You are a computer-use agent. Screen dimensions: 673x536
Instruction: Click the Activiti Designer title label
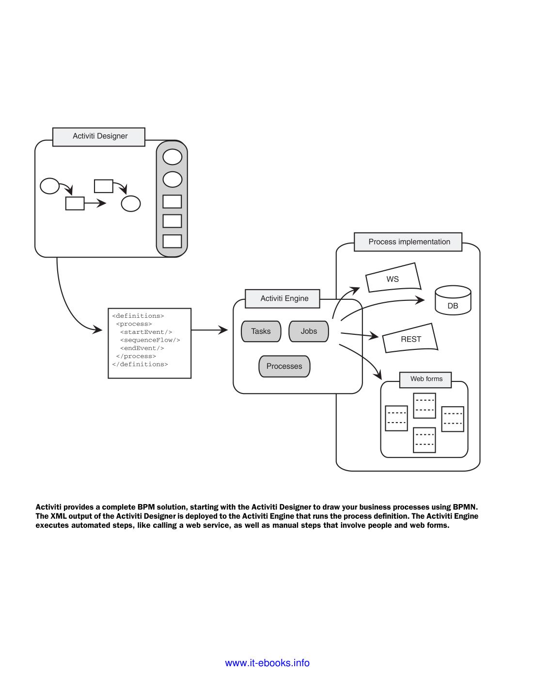click(99, 136)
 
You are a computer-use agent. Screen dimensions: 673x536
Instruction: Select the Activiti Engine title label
click(284, 298)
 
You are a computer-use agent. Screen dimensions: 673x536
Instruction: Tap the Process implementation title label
click(409, 242)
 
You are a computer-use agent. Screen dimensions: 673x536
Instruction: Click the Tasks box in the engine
click(261, 331)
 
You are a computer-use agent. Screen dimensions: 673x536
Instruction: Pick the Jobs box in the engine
click(309, 331)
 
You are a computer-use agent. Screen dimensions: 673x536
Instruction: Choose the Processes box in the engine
click(284, 366)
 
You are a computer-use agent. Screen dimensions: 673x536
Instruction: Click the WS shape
click(393, 279)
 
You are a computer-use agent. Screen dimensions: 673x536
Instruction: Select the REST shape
click(410, 339)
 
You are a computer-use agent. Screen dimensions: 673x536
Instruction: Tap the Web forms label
click(426, 379)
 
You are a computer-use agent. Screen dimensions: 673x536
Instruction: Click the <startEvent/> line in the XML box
click(146, 332)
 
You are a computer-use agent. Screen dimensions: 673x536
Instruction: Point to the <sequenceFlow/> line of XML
click(150, 340)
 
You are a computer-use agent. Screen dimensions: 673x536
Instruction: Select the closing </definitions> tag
click(140, 364)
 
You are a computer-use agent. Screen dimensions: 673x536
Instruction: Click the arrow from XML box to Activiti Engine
click(209, 330)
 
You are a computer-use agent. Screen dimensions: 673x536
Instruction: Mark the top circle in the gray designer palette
click(172, 157)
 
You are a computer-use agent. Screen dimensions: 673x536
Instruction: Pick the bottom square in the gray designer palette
click(172, 241)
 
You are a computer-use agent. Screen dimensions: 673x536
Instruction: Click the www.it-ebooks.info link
click(267, 663)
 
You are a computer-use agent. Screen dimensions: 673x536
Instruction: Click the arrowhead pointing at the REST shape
click(374, 336)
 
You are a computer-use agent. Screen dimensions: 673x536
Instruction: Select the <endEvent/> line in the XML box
click(142, 348)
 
